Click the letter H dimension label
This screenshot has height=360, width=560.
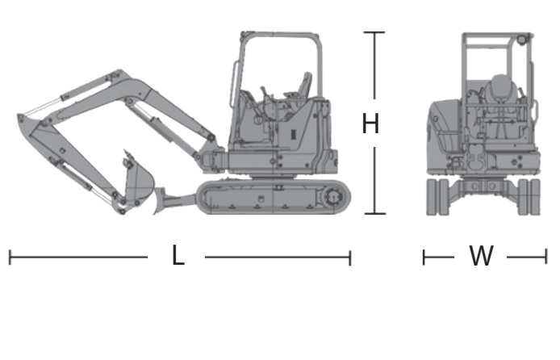click(x=370, y=123)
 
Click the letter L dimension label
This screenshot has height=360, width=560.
click(x=178, y=255)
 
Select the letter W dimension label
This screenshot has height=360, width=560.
click(x=481, y=256)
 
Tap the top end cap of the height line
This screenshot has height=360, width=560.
click(x=374, y=32)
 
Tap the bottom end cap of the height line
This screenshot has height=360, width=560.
click(x=374, y=214)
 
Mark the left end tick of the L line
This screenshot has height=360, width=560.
click(x=10, y=257)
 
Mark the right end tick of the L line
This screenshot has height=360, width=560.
click(x=350, y=257)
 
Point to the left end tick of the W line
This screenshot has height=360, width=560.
click(x=424, y=257)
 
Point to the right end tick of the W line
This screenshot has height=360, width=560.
click(x=545, y=257)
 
